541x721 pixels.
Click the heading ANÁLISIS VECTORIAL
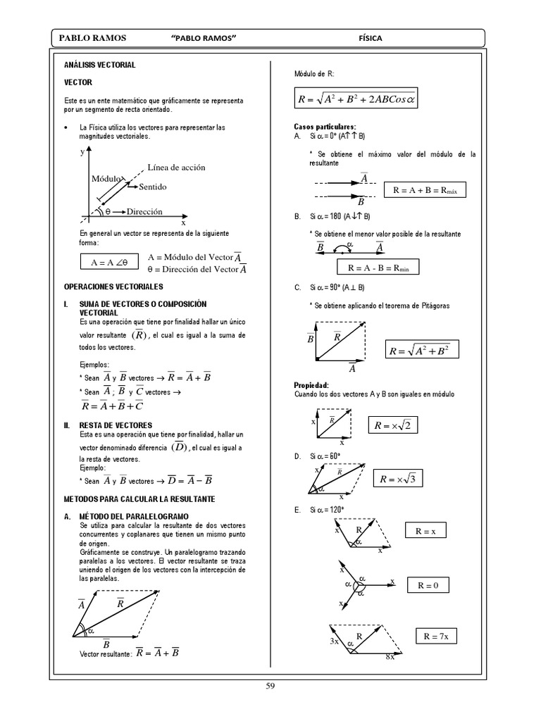[99, 65]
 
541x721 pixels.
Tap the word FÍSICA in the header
[371, 38]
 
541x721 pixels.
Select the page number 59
[270, 688]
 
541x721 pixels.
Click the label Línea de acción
[176, 167]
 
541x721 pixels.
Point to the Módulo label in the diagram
[107, 179]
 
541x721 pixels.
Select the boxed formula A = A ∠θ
[108, 263]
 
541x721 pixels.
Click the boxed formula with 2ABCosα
[357, 100]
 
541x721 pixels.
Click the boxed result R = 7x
[440, 637]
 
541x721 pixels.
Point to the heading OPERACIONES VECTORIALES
[113, 287]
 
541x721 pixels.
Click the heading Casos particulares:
[324, 126]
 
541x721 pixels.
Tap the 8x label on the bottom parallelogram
[390, 656]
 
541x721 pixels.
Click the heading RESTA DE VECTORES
[116, 425]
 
